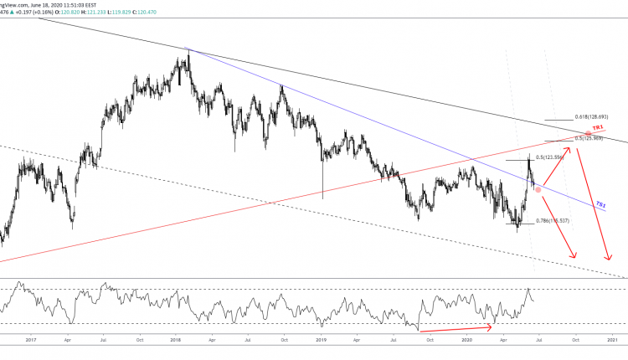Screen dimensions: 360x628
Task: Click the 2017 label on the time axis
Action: tap(31, 340)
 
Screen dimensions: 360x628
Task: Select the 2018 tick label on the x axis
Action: tap(176, 340)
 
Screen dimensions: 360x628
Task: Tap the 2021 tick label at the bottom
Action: tap(612, 340)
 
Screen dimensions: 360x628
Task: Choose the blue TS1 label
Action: tap(600, 204)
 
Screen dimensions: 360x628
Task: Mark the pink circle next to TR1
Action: tap(589, 133)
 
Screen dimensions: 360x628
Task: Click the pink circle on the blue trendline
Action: tap(538, 189)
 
